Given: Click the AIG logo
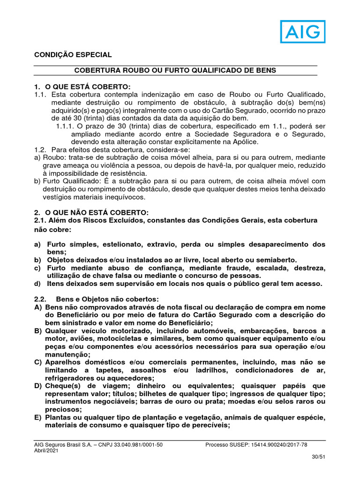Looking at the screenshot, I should point(303,31).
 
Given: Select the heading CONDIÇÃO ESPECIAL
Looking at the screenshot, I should point(73,55).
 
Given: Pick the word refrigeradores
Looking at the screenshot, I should point(68,378).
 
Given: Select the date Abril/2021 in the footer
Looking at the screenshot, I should point(45,450).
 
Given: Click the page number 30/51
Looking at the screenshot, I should point(318,457).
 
